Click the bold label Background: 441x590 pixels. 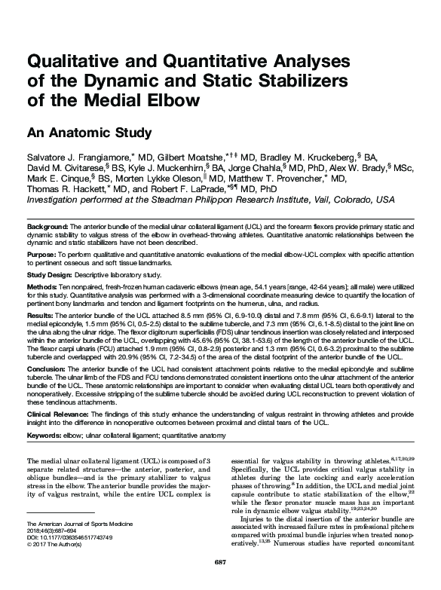coord(47,227)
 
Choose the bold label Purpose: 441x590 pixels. coord(42,256)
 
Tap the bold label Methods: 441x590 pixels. coord(44,288)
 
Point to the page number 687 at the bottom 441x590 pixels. coord(220,562)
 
